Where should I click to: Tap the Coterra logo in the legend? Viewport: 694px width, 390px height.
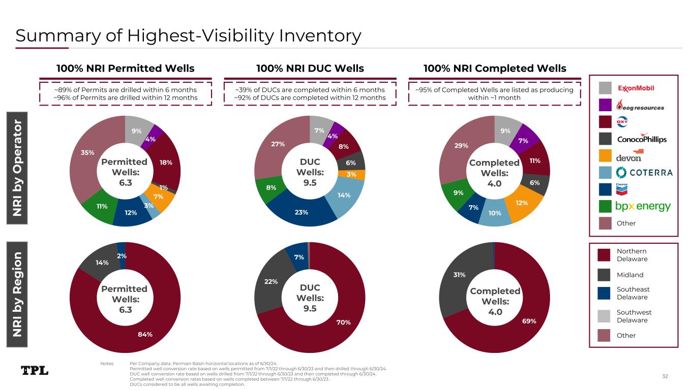click(644, 173)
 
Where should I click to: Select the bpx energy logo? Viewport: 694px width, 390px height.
click(643, 207)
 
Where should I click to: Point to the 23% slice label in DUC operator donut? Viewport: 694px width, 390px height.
click(301, 212)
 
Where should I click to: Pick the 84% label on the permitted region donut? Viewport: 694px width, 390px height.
click(145, 334)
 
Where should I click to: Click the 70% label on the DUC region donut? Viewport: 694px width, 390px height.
click(343, 322)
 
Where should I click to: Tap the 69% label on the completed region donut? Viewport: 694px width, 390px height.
click(529, 321)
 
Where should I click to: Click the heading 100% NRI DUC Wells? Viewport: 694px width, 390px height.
click(310, 69)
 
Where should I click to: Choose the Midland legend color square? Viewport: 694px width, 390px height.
click(604, 275)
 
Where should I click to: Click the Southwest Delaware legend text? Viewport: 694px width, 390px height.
click(634, 316)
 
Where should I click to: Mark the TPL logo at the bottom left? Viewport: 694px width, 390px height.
click(35, 370)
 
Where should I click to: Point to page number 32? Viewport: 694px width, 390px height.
click(665, 376)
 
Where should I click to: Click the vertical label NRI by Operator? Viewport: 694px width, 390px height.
click(17, 168)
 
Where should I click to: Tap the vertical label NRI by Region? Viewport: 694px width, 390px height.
click(17, 294)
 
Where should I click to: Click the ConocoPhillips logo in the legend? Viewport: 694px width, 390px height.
click(642, 139)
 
